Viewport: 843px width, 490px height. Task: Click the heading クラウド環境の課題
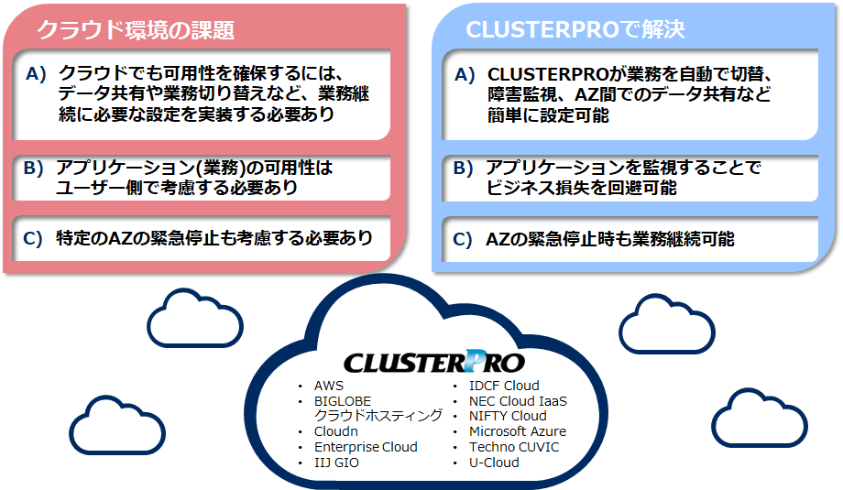(x=135, y=29)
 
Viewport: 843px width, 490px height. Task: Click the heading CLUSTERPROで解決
(x=575, y=29)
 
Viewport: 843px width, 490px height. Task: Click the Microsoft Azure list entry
(x=517, y=431)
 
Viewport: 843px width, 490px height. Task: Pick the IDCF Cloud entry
(x=504, y=386)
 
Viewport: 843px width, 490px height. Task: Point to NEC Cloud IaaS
(x=518, y=401)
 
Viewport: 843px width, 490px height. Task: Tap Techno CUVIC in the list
(x=513, y=447)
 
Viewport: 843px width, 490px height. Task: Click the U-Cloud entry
(x=494, y=463)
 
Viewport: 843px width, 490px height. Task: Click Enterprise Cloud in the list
(x=366, y=447)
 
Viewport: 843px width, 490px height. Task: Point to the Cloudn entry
(x=336, y=431)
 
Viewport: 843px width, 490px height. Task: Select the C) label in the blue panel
(x=464, y=240)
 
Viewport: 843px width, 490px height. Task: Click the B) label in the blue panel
(x=464, y=169)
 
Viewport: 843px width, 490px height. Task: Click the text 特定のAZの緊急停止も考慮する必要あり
(x=213, y=238)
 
